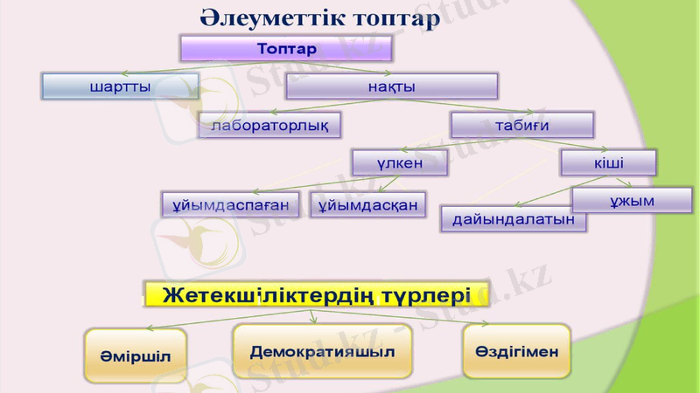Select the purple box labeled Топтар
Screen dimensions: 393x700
click(x=286, y=48)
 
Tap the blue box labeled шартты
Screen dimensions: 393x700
click(x=120, y=86)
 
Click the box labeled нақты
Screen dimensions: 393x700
click(x=391, y=86)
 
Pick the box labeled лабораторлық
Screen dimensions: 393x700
click(x=269, y=126)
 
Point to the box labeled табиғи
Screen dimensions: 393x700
click(x=522, y=125)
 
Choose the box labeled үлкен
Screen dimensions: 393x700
click(x=400, y=162)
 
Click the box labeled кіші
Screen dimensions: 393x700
click(x=608, y=162)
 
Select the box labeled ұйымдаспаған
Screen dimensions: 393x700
click(x=231, y=204)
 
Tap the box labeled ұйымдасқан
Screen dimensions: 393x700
click(x=367, y=204)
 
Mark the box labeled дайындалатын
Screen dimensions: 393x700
click(x=514, y=219)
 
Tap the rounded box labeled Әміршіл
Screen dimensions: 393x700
click(x=136, y=356)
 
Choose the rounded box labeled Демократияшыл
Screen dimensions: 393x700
click(x=322, y=351)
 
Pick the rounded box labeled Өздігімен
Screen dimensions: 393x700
click(x=516, y=351)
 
